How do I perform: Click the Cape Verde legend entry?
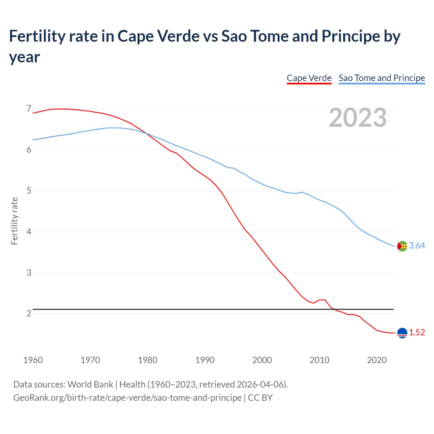click(x=309, y=78)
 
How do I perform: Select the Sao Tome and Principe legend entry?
click(x=382, y=78)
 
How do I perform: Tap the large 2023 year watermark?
click(x=358, y=118)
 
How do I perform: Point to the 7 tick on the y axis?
click(x=29, y=109)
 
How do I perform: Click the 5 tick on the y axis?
click(x=29, y=191)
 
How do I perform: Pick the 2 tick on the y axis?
click(x=29, y=314)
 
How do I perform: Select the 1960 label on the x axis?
click(x=33, y=360)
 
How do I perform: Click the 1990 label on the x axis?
click(x=205, y=360)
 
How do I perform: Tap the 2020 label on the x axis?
click(x=377, y=360)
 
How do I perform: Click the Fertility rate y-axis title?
click(x=14, y=221)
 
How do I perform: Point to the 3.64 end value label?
click(x=417, y=246)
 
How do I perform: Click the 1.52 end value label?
click(x=417, y=333)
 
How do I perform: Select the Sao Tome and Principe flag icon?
click(x=402, y=246)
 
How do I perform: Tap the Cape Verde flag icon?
click(x=402, y=333)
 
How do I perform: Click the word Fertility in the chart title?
click(x=36, y=36)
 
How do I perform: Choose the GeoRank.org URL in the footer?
click(x=127, y=397)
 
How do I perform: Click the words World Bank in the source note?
click(x=90, y=384)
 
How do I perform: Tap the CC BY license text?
click(x=260, y=397)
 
